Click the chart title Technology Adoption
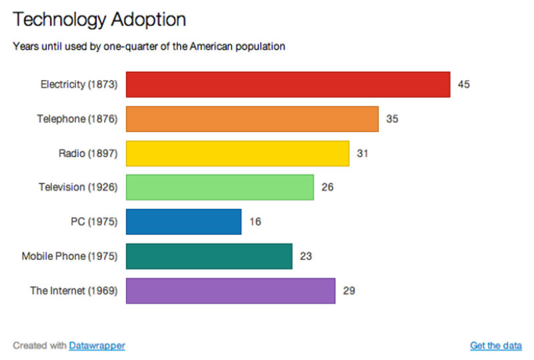click(99, 19)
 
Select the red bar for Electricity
click(288, 85)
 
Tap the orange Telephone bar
click(252, 119)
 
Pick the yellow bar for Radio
click(237, 154)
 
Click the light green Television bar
click(220, 188)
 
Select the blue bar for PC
click(184, 222)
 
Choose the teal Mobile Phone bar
click(209, 256)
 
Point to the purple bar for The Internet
click(230, 291)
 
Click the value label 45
click(464, 85)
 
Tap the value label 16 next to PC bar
click(255, 222)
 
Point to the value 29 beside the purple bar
click(348, 291)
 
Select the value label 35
click(392, 119)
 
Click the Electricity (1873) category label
click(79, 85)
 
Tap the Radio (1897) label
click(88, 154)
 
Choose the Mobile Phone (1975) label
click(69, 256)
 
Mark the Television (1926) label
click(78, 188)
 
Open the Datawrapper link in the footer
click(97, 345)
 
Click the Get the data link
click(495, 345)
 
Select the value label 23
click(306, 256)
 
